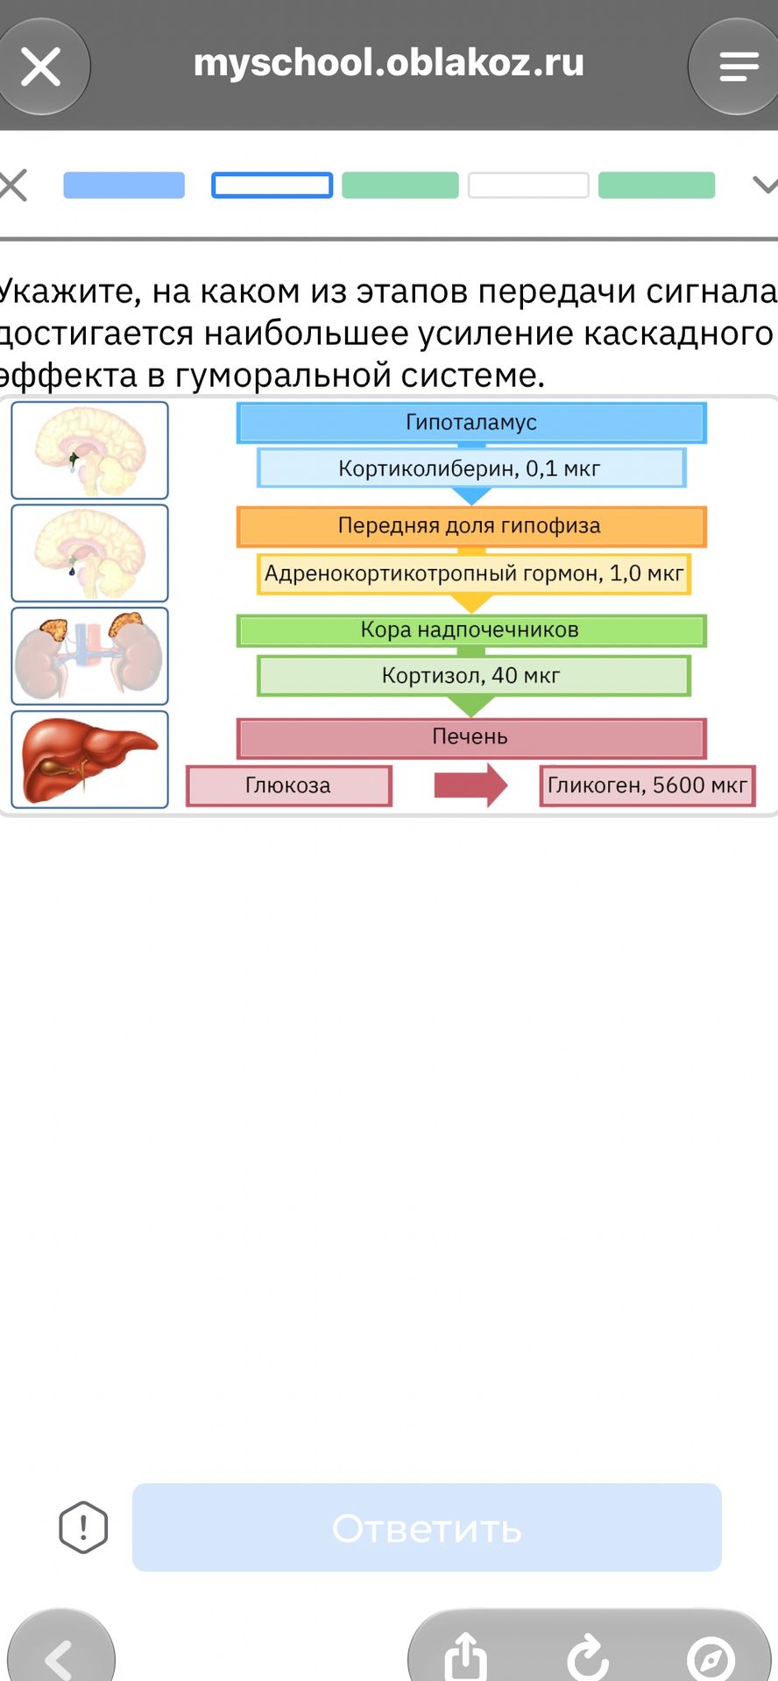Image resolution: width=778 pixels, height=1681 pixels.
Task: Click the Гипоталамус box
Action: [x=471, y=422]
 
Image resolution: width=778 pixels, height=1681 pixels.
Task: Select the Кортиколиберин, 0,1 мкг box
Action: [x=471, y=468]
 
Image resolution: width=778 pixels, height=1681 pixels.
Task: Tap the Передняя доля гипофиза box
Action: [x=471, y=526]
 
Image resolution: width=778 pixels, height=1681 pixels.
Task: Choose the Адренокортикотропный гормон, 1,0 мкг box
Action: [x=474, y=573]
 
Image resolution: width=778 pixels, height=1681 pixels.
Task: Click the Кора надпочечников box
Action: [x=471, y=630]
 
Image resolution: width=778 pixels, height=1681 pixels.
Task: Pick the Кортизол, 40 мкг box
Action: [x=474, y=676]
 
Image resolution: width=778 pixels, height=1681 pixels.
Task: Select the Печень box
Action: [x=471, y=737]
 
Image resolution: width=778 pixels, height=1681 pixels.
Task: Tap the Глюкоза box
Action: [x=288, y=785]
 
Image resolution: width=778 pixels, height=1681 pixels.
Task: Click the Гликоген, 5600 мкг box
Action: [x=647, y=785]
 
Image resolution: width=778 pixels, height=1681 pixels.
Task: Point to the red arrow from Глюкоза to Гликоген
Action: [x=470, y=784]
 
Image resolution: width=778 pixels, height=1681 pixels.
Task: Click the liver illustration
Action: [x=89, y=759]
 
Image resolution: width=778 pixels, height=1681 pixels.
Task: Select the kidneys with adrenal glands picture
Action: [x=89, y=656]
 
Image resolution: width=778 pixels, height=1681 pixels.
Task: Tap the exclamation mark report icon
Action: [x=83, y=1528]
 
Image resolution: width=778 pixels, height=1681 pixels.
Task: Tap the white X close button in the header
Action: [x=40, y=67]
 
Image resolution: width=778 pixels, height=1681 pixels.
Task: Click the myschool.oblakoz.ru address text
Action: [x=389, y=63]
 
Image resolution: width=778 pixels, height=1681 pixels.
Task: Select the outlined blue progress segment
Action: [x=272, y=186]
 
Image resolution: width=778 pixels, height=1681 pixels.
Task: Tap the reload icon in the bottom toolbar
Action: [x=587, y=1656]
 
